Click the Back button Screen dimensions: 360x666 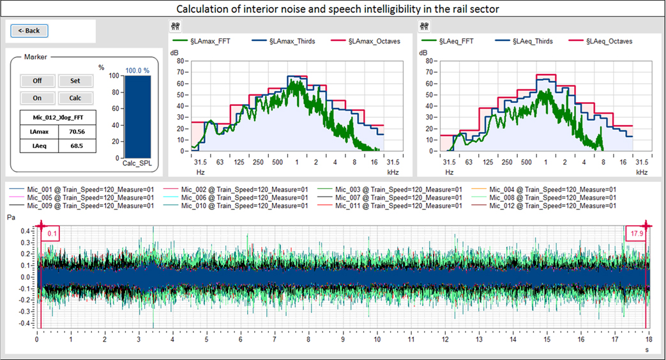pos(29,31)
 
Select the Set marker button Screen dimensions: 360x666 pos(75,81)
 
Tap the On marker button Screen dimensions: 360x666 pos(37,98)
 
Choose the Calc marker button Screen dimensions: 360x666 pos(75,98)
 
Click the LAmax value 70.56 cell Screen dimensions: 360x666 pos(77,131)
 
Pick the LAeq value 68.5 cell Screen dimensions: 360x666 pos(77,146)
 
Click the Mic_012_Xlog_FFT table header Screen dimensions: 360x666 pos(58,117)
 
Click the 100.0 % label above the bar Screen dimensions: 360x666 pos(137,71)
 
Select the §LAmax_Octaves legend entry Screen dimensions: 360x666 pos(374,41)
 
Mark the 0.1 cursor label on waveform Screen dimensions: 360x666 pos(52,234)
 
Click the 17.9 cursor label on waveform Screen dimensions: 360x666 pos(636,234)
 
